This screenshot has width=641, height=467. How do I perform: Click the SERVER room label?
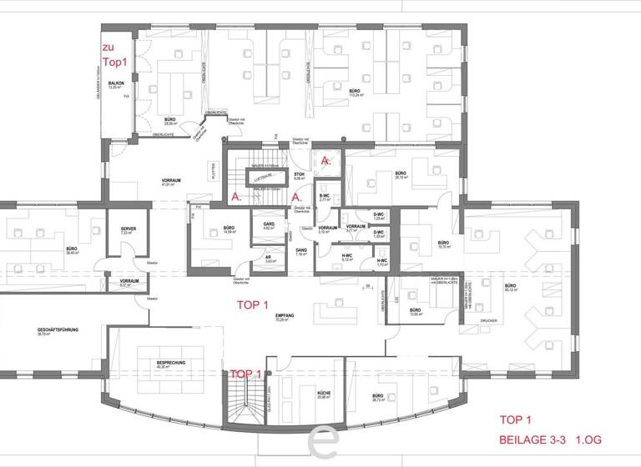tap(128, 228)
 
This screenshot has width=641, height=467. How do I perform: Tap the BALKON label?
tap(116, 83)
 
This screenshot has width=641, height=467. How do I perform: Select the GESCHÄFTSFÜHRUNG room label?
tap(58, 331)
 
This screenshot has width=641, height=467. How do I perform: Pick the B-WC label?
tap(326, 197)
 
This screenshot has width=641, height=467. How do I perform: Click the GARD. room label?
tap(270, 224)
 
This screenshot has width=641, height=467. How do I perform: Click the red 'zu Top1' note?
tap(114, 55)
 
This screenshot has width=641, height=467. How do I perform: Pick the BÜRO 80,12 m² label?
tap(510, 286)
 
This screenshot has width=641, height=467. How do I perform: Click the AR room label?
tap(270, 259)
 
